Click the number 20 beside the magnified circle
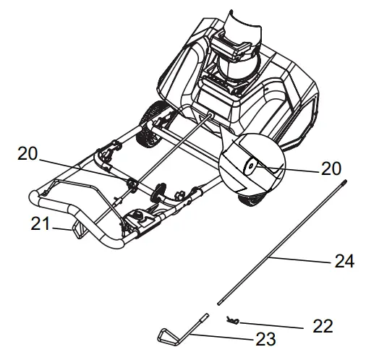click(x=331, y=168)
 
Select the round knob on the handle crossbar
click(x=158, y=194)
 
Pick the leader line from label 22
click(x=278, y=325)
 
